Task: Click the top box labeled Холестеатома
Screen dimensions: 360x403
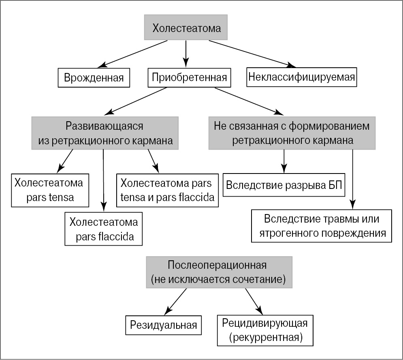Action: point(186,29)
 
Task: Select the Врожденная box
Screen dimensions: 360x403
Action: point(94,77)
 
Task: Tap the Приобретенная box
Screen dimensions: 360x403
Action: point(189,77)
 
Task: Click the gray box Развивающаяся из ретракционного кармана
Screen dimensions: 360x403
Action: point(105,133)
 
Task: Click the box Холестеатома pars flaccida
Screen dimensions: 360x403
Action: point(104,229)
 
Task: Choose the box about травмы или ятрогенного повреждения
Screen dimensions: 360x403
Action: point(322,226)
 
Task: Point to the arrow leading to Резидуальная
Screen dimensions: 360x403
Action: point(176,300)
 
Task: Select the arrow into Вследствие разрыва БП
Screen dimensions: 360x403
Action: point(284,160)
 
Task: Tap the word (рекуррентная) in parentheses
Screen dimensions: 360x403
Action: point(265,336)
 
